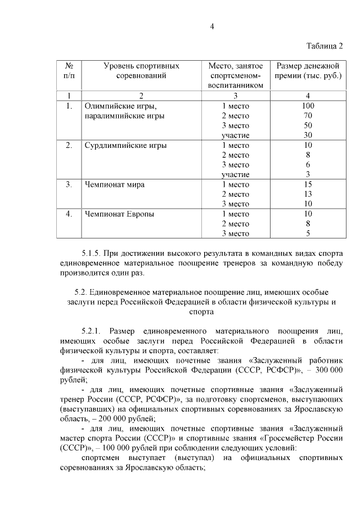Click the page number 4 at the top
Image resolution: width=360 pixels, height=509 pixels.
coord(213,25)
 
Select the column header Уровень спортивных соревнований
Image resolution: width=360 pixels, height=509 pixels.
coord(141,71)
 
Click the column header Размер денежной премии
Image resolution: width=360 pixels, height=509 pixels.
coord(307,71)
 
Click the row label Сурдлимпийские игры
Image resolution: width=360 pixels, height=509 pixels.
coord(125,145)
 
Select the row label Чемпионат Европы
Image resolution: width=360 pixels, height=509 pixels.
coord(120,214)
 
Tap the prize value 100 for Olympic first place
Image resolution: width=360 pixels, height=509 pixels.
coord(308,106)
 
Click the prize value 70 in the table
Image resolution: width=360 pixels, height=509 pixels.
coord(308,115)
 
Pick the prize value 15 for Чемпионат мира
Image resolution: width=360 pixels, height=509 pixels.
coord(308,184)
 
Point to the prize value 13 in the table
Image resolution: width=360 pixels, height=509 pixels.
coord(308,194)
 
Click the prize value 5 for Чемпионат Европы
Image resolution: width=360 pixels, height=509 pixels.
coord(308,233)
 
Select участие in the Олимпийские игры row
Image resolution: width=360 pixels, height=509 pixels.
coord(236,135)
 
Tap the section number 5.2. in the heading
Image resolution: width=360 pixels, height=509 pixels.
coord(84,292)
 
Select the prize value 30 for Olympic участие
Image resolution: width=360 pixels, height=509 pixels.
coord(308,135)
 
